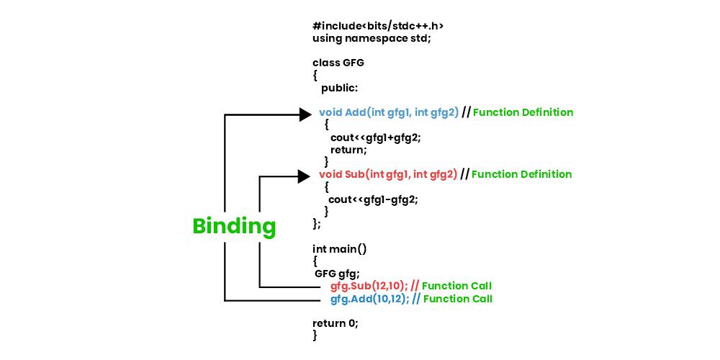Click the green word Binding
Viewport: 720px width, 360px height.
point(234,226)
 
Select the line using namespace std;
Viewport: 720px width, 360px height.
point(372,38)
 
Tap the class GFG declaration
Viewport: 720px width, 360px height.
point(338,63)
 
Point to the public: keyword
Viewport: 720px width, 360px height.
point(339,88)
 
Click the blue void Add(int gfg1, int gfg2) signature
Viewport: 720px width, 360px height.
point(389,112)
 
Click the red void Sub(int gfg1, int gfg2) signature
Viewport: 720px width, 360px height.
point(388,174)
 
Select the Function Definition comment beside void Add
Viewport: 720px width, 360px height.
point(523,112)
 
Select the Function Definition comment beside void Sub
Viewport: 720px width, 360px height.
point(521,174)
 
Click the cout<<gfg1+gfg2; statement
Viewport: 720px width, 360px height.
point(375,138)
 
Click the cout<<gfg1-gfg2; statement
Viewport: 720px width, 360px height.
point(373,199)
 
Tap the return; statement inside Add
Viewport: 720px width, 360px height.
point(348,150)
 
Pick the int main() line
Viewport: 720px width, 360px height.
point(340,249)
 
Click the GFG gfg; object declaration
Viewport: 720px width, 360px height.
point(337,274)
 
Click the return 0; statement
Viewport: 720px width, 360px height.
point(335,323)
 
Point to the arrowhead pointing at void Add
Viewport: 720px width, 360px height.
point(305,114)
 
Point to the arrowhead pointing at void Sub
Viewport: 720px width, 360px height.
point(304,176)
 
